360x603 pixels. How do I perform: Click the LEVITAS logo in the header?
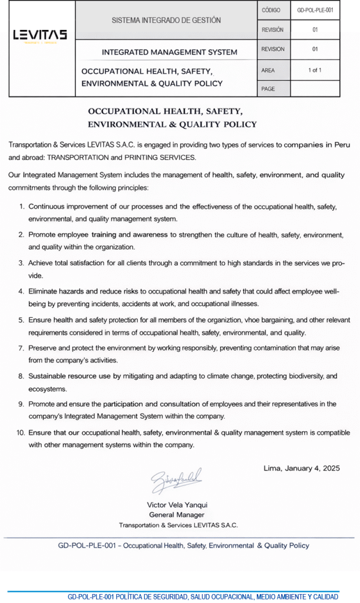click(x=40, y=35)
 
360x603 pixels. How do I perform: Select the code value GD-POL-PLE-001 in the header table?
click(x=315, y=10)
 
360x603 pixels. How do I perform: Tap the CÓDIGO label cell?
click(x=272, y=10)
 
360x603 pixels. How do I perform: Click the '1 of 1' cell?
click(x=315, y=70)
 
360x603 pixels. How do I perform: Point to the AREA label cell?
click(x=268, y=70)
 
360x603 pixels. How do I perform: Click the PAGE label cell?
click(x=268, y=89)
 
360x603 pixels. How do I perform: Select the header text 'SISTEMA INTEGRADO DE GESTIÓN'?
click(x=166, y=20)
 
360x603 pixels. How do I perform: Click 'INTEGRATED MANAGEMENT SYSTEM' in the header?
click(x=170, y=52)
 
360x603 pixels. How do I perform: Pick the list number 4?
click(x=22, y=291)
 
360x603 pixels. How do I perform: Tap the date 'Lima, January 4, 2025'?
click(x=301, y=469)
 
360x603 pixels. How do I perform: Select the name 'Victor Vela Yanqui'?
click(x=177, y=505)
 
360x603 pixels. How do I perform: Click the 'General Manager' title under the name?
click(x=177, y=515)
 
